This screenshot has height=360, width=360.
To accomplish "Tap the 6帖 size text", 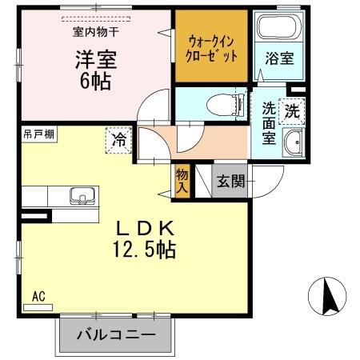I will point(93,80).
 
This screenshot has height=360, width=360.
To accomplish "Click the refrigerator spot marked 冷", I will point(118,141).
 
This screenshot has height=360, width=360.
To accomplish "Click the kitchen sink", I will point(81,197).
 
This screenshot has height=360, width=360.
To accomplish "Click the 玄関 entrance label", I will point(232,182).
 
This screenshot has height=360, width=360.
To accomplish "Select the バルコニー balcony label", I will point(115,334).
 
